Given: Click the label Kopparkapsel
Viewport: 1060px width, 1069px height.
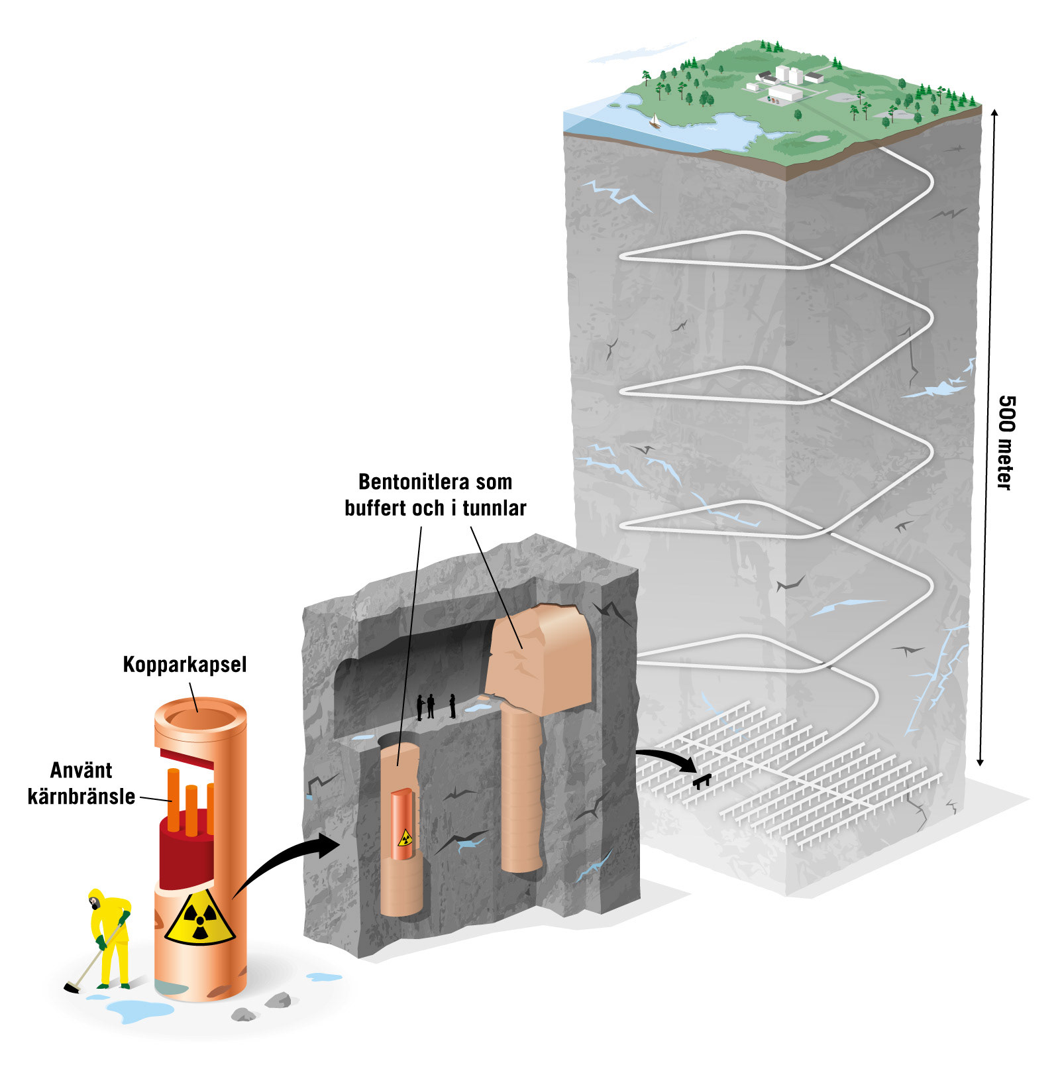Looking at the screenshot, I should click(x=184, y=665).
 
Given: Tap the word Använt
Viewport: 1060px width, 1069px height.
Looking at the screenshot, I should click(x=81, y=770).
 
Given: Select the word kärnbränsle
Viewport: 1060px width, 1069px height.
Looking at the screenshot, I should click(x=81, y=796).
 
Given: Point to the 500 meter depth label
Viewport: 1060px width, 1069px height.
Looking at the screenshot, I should click(x=1005, y=443).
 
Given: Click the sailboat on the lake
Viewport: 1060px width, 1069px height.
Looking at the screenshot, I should click(x=655, y=121).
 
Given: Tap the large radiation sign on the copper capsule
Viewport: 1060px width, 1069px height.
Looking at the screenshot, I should click(x=199, y=919).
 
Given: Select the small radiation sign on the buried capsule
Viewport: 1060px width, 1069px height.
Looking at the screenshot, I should click(x=404, y=838).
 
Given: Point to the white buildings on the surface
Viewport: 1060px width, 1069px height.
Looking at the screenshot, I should click(x=786, y=83).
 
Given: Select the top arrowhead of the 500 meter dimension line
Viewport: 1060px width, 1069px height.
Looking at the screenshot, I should click(x=994, y=113).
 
